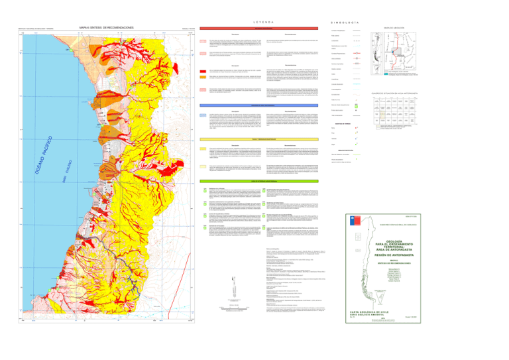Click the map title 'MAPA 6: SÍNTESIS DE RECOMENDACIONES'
[x=106, y=27]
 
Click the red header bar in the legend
[x=254, y=29]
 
